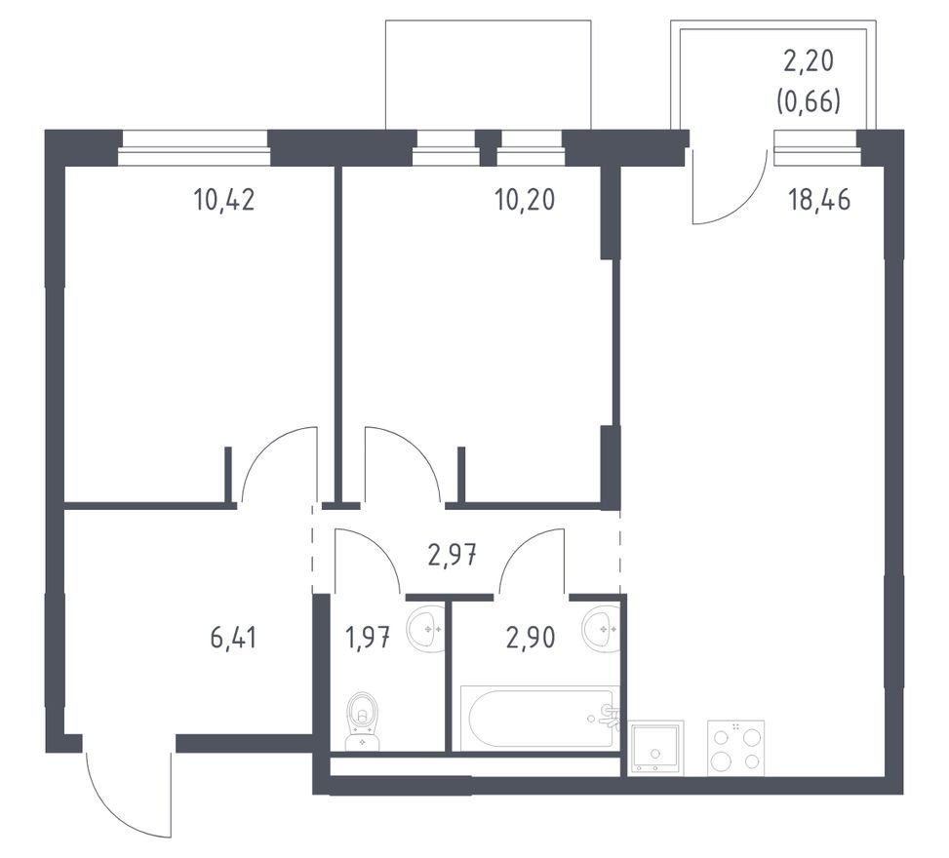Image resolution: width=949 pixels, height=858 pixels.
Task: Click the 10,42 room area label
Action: tap(224, 199)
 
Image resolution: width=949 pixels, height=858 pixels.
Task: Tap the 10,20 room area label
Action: tap(525, 199)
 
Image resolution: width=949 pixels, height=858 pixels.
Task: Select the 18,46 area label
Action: tap(819, 199)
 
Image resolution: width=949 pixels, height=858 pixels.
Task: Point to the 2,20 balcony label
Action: tap(809, 61)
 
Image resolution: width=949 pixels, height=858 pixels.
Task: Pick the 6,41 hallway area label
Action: tap(234, 638)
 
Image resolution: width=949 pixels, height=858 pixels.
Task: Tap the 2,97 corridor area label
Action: tap(453, 555)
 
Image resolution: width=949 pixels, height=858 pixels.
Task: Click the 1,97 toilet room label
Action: tap(368, 638)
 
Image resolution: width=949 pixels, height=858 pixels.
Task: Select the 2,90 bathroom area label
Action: tap(531, 638)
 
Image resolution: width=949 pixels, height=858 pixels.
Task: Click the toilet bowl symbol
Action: tap(363, 721)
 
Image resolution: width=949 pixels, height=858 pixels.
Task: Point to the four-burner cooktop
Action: tap(736, 747)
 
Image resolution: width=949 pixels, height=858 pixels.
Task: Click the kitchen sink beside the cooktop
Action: tap(656, 747)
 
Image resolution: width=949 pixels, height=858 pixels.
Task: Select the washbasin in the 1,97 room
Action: tap(425, 629)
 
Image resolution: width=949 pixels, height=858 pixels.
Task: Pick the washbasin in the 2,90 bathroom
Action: tap(601, 629)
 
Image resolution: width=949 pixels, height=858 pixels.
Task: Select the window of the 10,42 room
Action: tap(194, 148)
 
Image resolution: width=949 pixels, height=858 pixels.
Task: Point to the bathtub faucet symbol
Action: tap(609, 718)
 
